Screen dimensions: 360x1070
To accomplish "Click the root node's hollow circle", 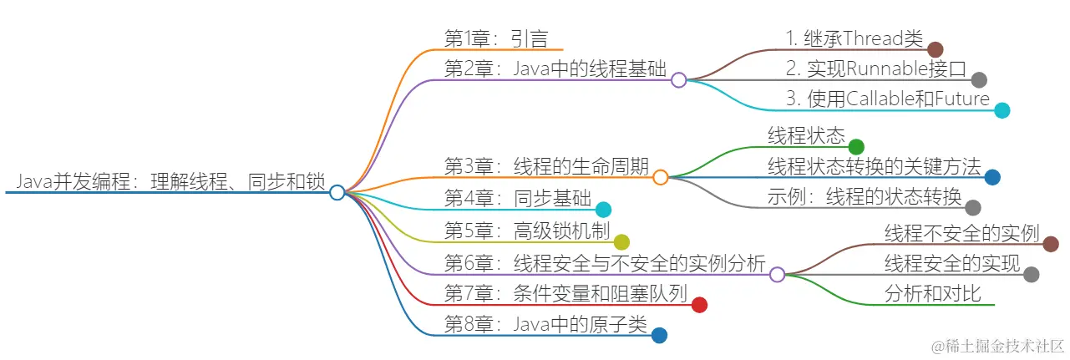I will [337, 193].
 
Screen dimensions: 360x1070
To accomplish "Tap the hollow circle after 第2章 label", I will [679, 80].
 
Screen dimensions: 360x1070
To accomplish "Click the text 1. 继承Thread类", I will [854, 38].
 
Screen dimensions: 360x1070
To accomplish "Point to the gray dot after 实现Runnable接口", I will [979, 80].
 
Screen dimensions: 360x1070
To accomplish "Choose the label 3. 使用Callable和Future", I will [887, 99].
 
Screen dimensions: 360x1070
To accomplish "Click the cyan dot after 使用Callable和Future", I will [1002, 110].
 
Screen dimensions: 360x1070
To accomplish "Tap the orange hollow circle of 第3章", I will [660, 177].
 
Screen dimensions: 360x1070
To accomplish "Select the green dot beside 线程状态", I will [855, 147].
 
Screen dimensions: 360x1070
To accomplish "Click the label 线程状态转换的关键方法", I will [874, 166].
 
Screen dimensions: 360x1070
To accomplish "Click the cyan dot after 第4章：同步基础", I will [602, 210].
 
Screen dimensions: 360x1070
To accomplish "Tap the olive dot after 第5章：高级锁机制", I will [621, 242].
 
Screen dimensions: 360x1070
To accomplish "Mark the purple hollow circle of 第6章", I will [777, 274].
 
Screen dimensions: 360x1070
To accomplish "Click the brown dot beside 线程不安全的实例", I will [1051, 244].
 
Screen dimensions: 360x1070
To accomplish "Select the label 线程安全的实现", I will [952, 265].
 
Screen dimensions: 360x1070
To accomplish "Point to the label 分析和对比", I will [932, 294].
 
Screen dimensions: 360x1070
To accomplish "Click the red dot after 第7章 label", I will [700, 305].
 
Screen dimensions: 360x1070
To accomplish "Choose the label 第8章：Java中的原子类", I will [545, 326].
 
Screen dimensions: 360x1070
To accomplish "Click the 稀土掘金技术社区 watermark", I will [991, 346].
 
